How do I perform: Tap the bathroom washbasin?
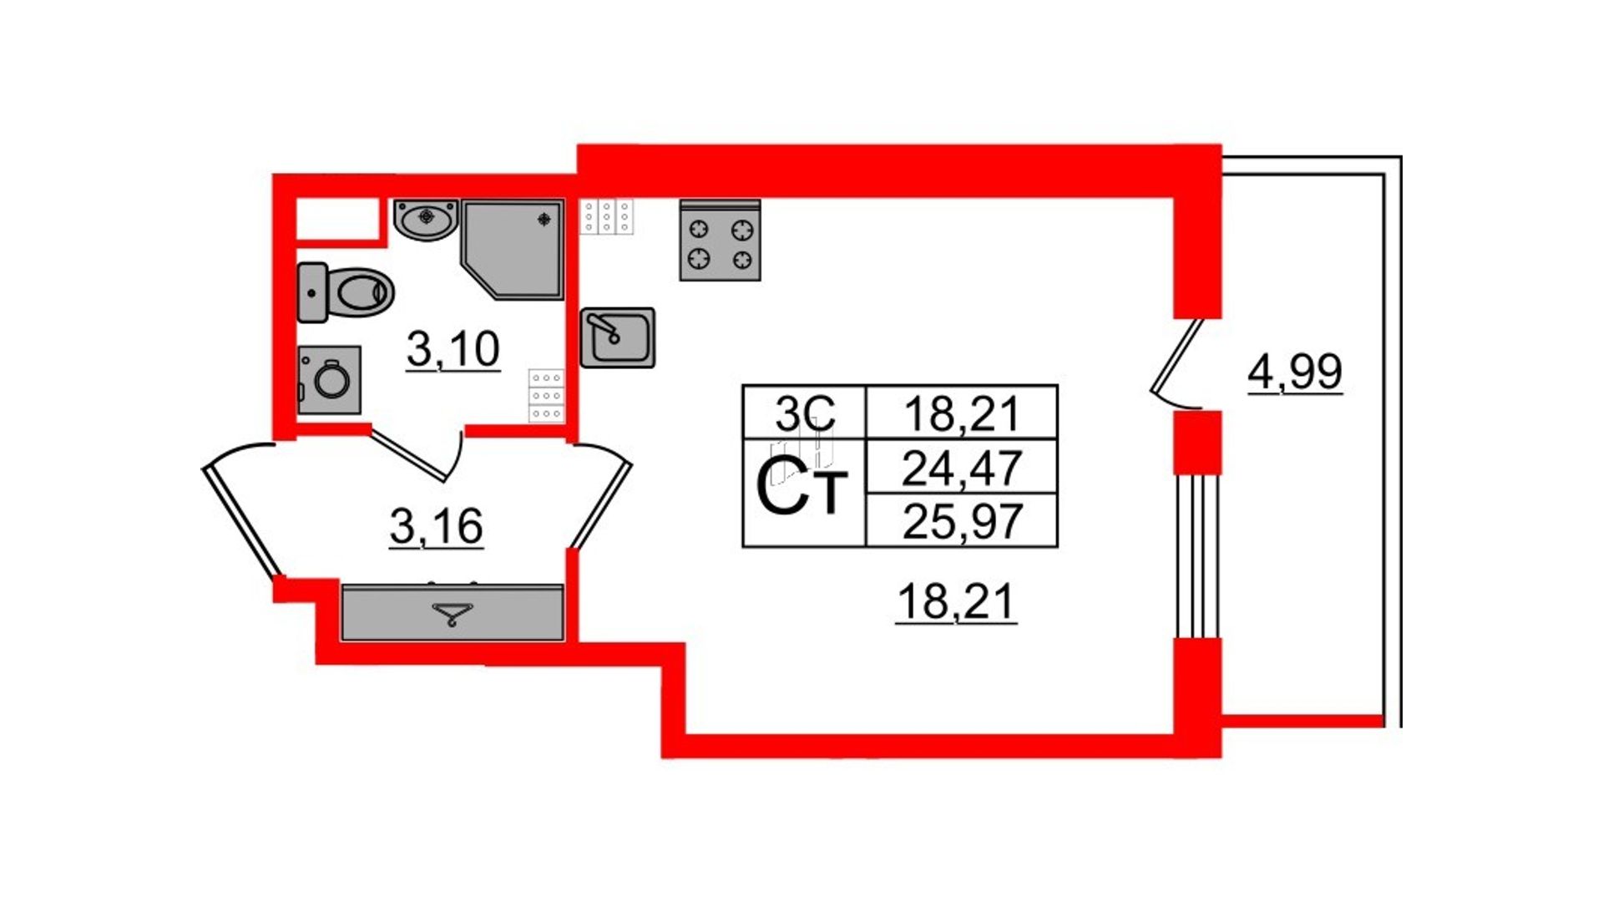(x=426, y=220)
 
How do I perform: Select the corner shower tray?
(x=513, y=249)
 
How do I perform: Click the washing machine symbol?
(x=330, y=380)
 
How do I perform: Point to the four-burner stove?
(x=720, y=241)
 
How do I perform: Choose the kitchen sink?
(x=618, y=337)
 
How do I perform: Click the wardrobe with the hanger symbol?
(x=453, y=613)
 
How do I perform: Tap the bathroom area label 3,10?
(x=453, y=348)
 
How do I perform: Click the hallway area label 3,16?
(x=436, y=526)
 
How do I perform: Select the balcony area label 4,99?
(x=1295, y=372)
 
